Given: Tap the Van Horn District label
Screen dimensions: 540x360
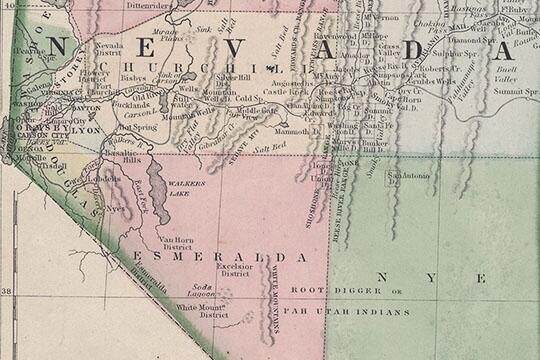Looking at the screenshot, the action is pos(176,244).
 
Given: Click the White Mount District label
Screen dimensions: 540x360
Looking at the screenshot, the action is pos(200,310).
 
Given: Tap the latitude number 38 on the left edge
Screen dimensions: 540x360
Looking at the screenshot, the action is pos(7,292).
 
